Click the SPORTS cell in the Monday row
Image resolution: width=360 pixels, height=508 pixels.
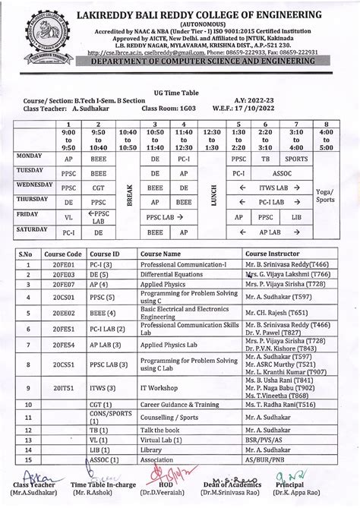point(296,160)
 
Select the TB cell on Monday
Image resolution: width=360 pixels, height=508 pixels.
point(266,160)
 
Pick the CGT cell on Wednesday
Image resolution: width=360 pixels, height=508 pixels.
point(99,188)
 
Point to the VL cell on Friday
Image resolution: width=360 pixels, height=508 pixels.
point(69,216)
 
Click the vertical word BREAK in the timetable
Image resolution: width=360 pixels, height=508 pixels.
point(128,196)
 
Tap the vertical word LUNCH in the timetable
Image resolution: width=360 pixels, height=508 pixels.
point(214,196)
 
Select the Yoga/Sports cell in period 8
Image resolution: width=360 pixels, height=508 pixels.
point(327,196)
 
